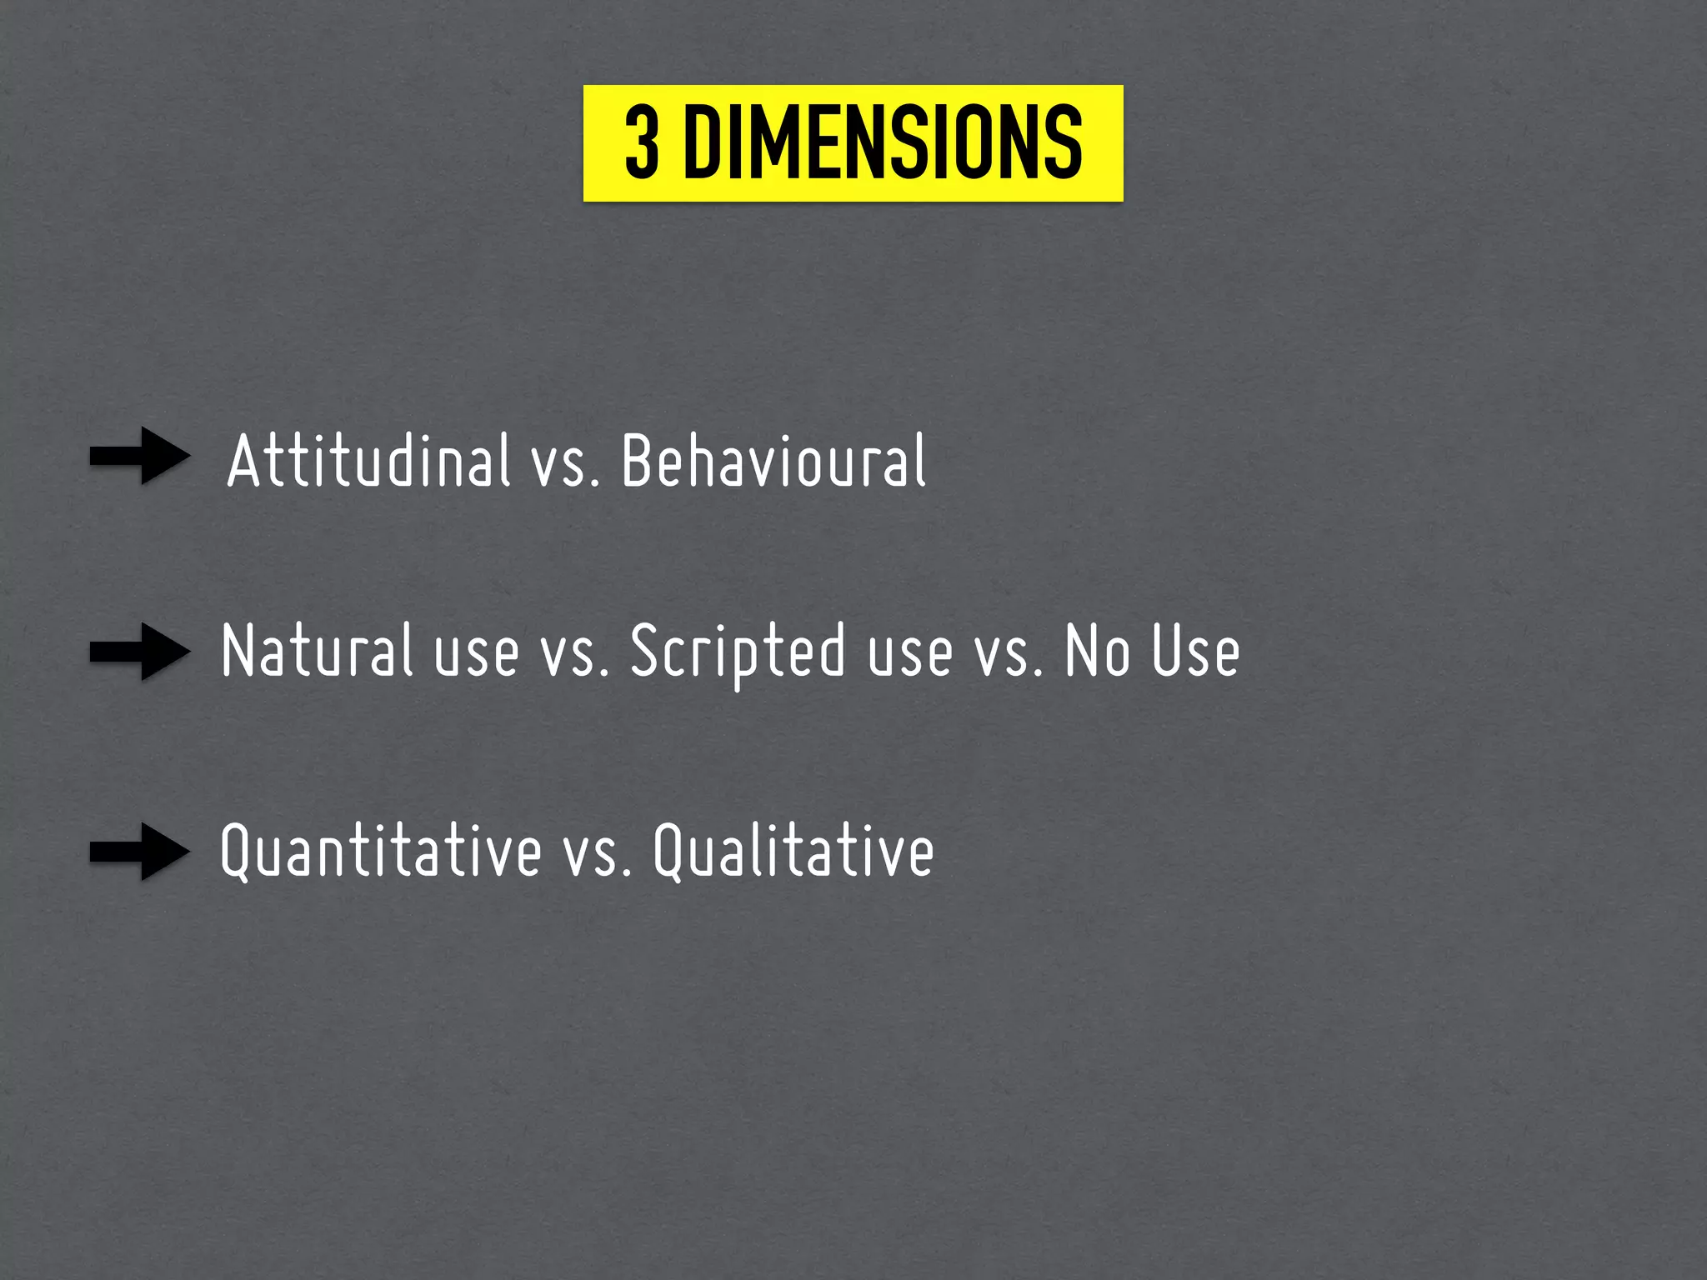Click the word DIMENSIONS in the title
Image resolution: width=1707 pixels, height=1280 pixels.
click(x=884, y=143)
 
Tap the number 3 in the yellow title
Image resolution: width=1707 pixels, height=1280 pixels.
click(x=642, y=143)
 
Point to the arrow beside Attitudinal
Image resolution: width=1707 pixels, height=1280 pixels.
click(x=140, y=456)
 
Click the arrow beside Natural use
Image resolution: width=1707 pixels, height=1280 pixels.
click(x=140, y=652)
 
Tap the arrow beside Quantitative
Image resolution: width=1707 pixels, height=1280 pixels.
click(x=140, y=852)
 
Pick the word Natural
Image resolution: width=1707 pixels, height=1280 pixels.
click(x=317, y=652)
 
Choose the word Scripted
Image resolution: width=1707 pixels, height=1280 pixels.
click(x=738, y=652)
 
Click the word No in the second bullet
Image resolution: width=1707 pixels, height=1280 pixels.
click(x=1098, y=652)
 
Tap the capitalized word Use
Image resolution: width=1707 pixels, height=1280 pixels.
click(x=1195, y=652)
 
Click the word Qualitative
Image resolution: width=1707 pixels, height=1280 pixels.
click(x=793, y=852)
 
